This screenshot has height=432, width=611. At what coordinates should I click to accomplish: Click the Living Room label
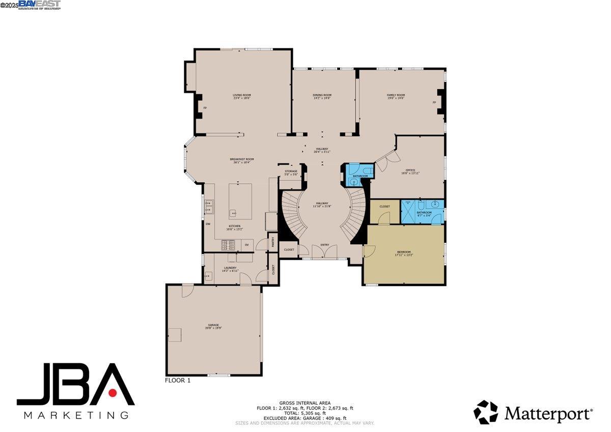[x=242, y=95]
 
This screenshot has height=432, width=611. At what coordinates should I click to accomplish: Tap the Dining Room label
[x=322, y=95]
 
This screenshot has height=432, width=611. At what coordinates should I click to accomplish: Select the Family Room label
[x=396, y=95]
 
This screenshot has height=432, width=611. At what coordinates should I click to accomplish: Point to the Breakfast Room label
[x=242, y=159]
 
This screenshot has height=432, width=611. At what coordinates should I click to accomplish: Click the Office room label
[x=410, y=170]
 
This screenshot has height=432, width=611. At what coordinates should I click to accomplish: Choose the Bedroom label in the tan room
[x=404, y=252]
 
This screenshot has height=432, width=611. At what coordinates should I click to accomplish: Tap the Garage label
[x=213, y=325]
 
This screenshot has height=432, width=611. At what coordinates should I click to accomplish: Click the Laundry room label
[x=230, y=268]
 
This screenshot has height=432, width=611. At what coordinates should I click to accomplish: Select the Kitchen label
[x=234, y=226]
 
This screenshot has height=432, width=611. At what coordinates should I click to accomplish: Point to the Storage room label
[x=291, y=171]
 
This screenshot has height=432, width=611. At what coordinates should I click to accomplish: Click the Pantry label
[x=273, y=242]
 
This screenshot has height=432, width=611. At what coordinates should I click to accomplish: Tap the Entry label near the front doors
[x=325, y=245]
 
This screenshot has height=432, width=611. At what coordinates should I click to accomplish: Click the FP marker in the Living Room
[x=205, y=108]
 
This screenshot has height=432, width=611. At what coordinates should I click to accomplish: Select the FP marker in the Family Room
[x=434, y=102]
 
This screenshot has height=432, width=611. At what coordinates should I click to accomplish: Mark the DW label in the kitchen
[x=208, y=224]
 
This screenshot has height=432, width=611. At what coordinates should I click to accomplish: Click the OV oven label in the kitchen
[x=247, y=245]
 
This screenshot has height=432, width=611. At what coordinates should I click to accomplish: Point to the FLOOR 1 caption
[x=178, y=380]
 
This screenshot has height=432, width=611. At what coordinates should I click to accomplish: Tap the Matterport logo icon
[x=486, y=412]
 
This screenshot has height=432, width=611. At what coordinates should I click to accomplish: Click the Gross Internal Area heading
[x=305, y=403]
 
